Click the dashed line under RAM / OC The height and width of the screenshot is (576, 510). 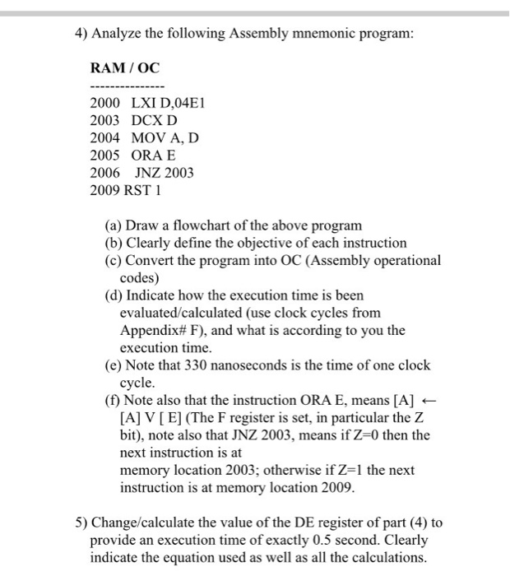click(x=128, y=87)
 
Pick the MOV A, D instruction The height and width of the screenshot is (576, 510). click(x=165, y=137)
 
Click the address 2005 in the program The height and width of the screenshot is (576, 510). click(x=104, y=155)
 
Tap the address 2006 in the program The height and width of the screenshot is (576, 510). click(x=104, y=173)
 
